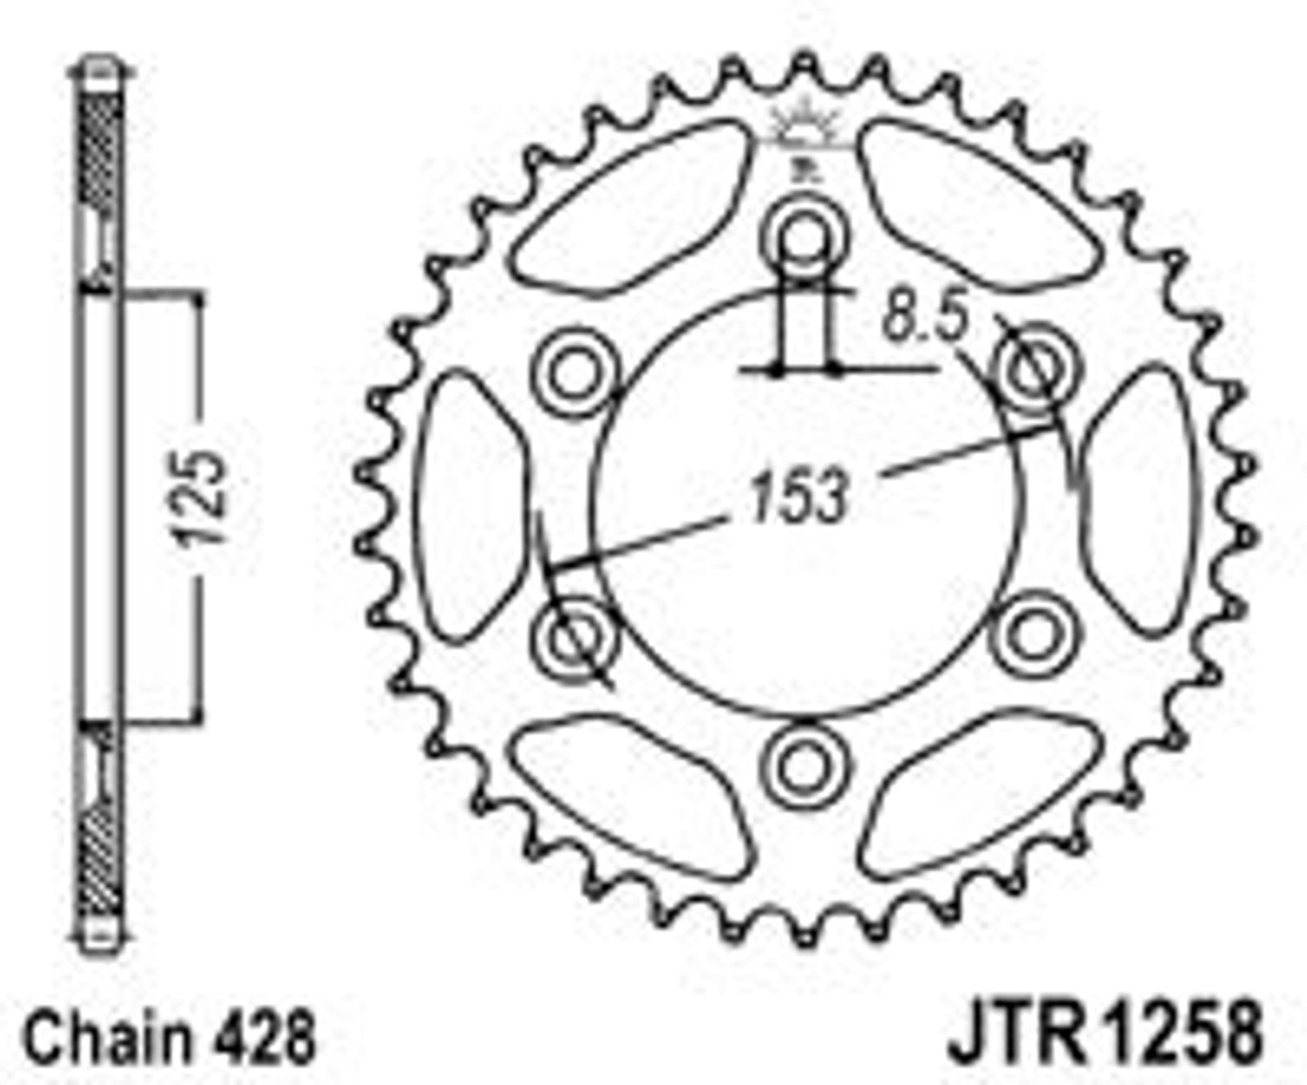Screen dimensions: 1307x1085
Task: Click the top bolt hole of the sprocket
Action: click(x=805, y=238)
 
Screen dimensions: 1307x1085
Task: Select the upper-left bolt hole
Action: click(x=574, y=374)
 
